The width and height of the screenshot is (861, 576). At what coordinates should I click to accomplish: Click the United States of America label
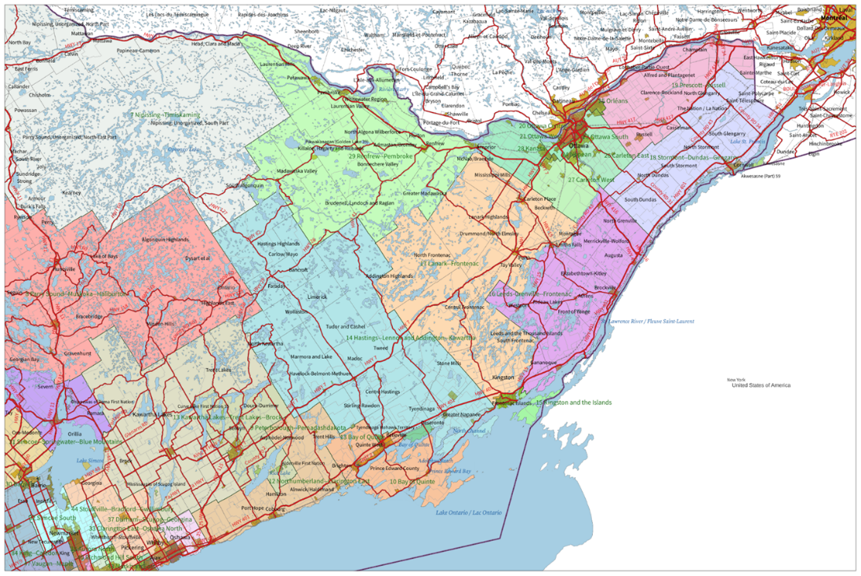pos(761,385)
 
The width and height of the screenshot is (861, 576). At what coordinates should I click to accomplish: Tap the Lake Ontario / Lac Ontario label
pos(468,512)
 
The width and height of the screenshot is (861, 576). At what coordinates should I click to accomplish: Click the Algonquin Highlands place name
pos(165,239)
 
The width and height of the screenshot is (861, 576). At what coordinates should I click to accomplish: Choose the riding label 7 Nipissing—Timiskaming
pos(165,115)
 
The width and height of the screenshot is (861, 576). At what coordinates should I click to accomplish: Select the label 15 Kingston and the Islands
pos(574,403)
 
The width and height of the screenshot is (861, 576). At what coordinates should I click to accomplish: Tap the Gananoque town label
pos(542,363)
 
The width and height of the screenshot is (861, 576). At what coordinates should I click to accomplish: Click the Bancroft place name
pos(297,269)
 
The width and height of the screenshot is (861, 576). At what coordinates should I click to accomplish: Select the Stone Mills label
pos(449,363)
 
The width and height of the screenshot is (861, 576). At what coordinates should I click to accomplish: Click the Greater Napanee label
pos(460,414)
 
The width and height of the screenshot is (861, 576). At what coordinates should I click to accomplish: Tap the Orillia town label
pos(75,433)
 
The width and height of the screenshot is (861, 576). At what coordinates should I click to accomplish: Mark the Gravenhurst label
pos(78,353)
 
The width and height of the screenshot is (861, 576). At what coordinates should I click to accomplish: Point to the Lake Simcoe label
pos(88,460)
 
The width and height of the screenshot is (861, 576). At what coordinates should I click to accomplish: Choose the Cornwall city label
pos(743,164)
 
